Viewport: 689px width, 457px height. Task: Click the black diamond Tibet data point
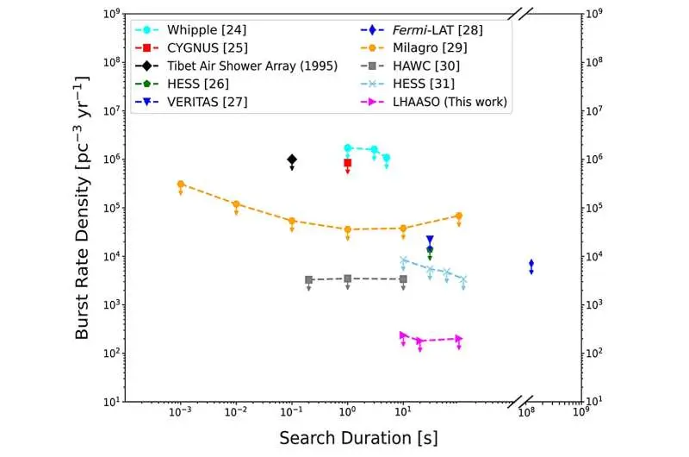pyautogui.click(x=292, y=160)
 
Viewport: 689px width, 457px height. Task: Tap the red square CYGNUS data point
pyautogui.click(x=347, y=162)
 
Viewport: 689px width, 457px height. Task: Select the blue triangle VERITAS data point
pyautogui.click(x=430, y=240)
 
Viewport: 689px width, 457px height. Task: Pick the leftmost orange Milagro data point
pyautogui.click(x=181, y=185)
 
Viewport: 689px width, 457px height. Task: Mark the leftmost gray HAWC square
pyautogui.click(x=308, y=279)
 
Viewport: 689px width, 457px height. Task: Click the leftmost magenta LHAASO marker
pyautogui.click(x=403, y=335)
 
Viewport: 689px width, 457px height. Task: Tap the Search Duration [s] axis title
pyautogui.click(x=357, y=437)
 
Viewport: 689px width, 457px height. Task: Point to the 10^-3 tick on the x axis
pyautogui.click(x=180, y=413)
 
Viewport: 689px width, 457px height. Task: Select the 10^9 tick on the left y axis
pyautogui.click(x=109, y=14)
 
